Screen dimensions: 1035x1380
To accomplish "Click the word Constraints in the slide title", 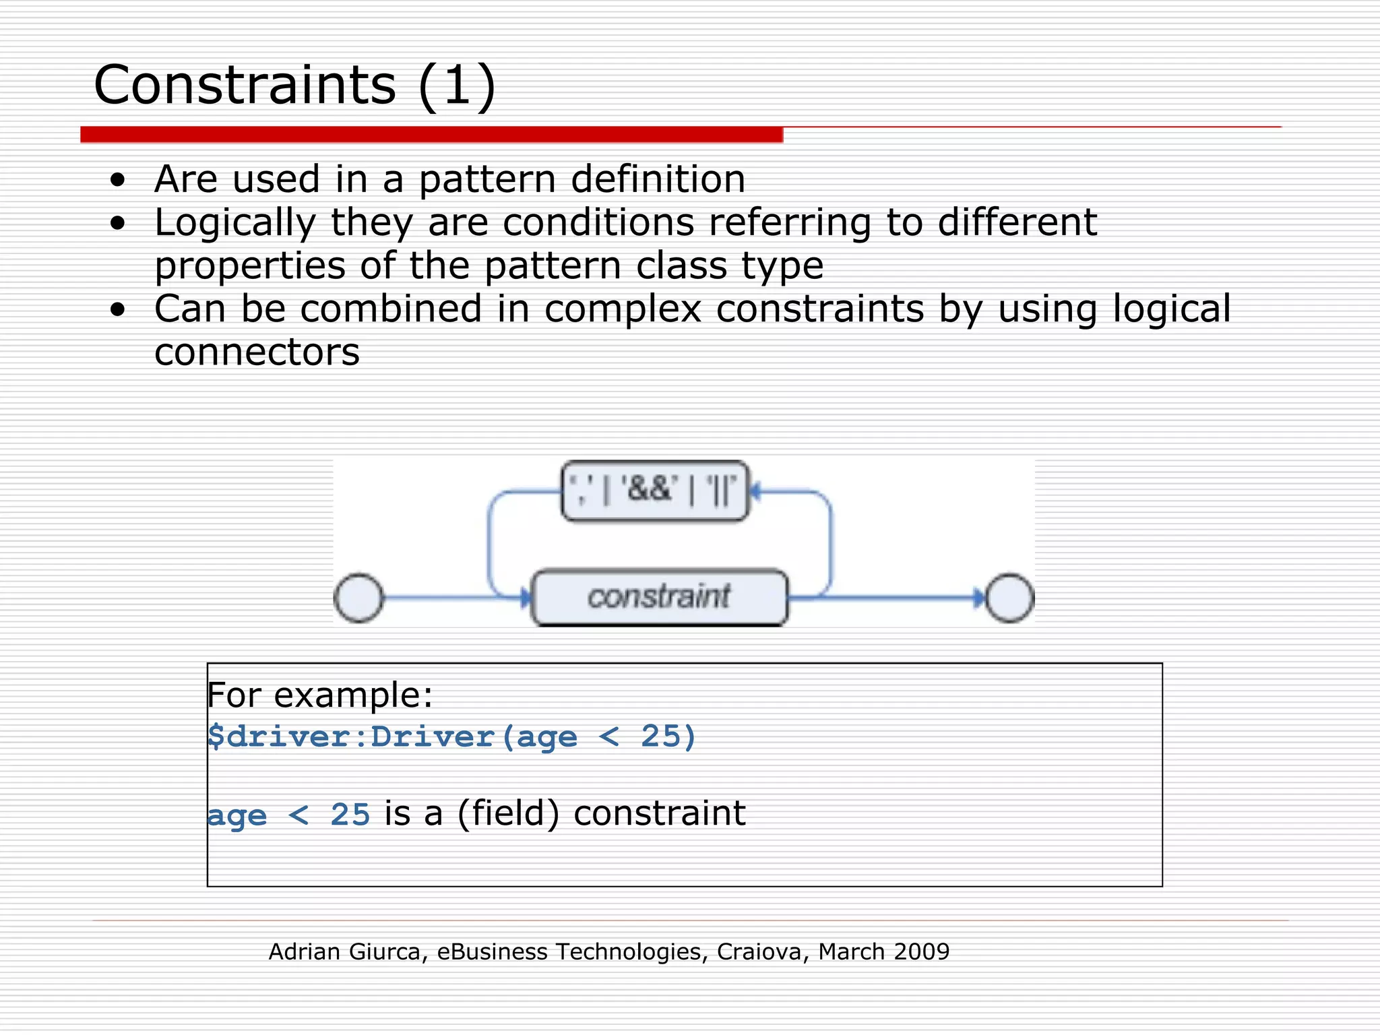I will (245, 86).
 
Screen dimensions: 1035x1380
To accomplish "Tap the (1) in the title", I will (456, 86).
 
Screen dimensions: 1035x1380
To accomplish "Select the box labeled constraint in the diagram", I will (659, 598).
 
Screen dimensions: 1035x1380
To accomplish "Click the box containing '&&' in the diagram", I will (654, 491).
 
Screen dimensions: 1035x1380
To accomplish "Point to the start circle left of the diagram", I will (358, 598).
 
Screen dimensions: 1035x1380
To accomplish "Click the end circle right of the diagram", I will (1009, 598).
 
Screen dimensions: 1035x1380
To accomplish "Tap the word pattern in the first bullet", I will (487, 180).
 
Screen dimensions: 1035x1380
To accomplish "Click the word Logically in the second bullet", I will (235, 223).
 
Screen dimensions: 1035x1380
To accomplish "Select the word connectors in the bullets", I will (257, 352).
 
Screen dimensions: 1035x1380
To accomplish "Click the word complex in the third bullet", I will (623, 309).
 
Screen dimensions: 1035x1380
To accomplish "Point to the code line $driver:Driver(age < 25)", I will (451, 736).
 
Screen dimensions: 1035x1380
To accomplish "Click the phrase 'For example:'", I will (319, 695).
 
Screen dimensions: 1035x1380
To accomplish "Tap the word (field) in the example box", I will (508, 813).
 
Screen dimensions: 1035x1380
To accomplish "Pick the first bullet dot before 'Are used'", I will (118, 180).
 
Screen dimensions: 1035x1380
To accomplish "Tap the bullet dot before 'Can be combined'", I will (118, 309).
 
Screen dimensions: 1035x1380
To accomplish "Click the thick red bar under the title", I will (431, 135).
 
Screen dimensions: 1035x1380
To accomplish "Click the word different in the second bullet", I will (1017, 223).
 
